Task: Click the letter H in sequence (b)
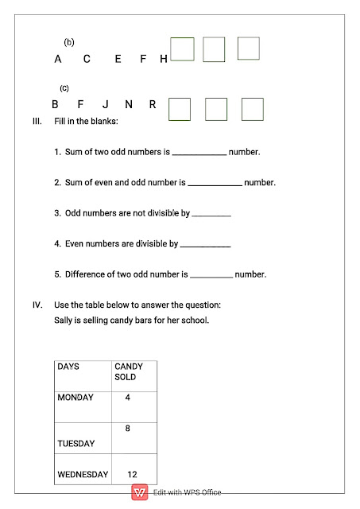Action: [164, 59]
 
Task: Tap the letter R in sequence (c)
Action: [152, 104]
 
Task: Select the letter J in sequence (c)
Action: [105, 104]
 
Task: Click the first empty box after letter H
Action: [182, 49]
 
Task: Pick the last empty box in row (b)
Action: [248, 49]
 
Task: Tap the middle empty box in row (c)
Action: [216, 109]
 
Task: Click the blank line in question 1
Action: [199, 152]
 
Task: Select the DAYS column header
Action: [68, 367]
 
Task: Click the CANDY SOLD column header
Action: [129, 371]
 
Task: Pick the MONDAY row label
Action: [75, 397]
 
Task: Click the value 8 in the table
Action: [127, 428]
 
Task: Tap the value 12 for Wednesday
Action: [132, 474]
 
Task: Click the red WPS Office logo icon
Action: [139, 492]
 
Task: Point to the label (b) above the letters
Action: [69, 41]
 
